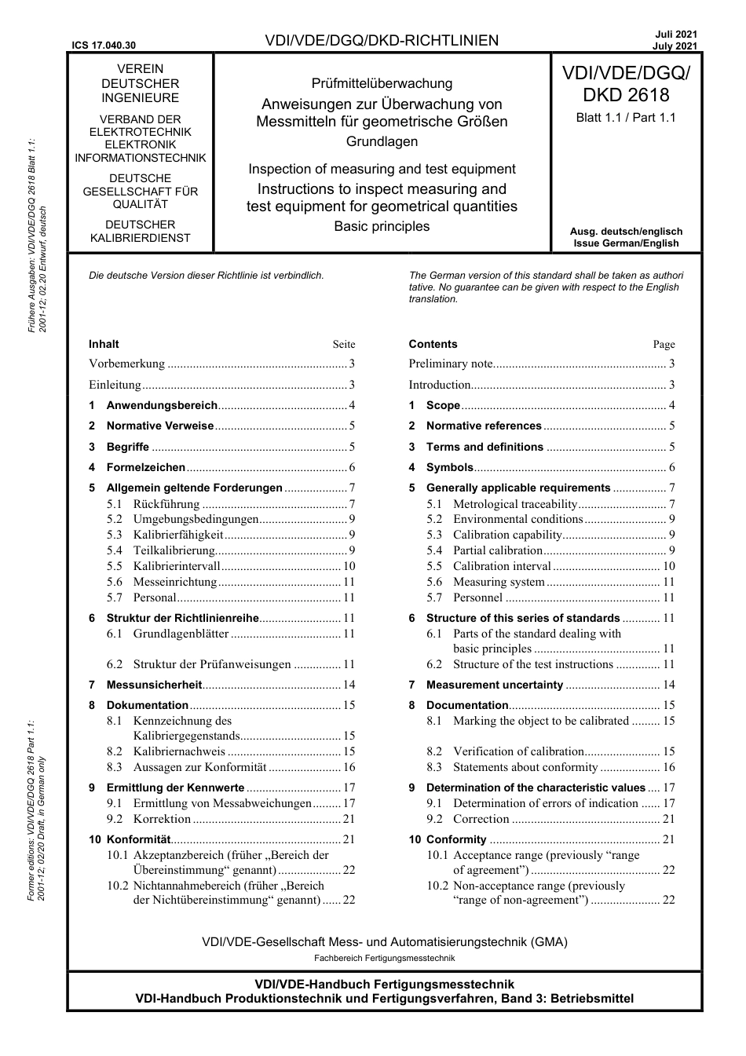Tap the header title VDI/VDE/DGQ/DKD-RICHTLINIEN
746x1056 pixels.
click(382, 41)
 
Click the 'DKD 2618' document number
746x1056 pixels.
click(626, 95)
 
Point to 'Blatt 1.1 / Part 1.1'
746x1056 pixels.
click(626, 118)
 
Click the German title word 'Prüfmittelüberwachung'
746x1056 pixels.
click(382, 83)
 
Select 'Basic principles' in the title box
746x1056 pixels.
click(382, 226)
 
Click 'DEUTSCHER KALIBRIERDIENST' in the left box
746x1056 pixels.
click(141, 231)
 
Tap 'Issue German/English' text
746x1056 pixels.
click(626, 243)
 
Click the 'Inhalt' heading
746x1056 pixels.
click(104, 344)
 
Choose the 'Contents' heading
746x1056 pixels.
click(433, 344)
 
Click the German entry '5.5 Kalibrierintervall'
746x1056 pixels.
click(177, 566)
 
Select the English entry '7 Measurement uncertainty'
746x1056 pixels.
click(494, 685)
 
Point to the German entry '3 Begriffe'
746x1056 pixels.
click(127, 447)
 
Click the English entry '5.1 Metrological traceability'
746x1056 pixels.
click(514, 504)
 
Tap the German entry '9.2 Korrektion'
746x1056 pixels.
click(162, 818)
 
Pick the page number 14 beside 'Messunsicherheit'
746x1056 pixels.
click(349, 685)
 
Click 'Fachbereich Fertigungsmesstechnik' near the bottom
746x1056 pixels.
click(384, 958)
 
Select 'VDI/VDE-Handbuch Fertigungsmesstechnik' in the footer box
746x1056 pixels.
click(384, 984)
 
